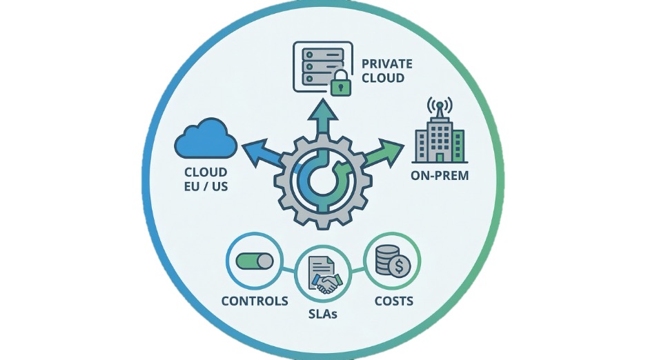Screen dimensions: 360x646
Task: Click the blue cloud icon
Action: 206,139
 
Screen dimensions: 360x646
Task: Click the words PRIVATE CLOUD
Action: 387,70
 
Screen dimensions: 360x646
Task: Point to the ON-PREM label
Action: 440,175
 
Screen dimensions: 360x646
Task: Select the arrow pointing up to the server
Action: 321,118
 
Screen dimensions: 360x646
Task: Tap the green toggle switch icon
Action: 254,261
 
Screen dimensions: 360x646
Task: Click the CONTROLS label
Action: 255,301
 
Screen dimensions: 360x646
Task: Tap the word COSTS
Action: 393,301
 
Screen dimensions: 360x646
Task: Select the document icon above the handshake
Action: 322,265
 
